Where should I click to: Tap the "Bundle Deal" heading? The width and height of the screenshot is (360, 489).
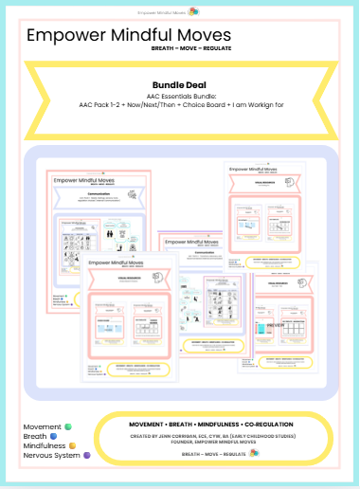[179, 83]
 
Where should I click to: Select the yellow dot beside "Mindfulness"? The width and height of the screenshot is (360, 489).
[71, 446]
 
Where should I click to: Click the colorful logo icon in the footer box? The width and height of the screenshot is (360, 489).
[254, 453]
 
